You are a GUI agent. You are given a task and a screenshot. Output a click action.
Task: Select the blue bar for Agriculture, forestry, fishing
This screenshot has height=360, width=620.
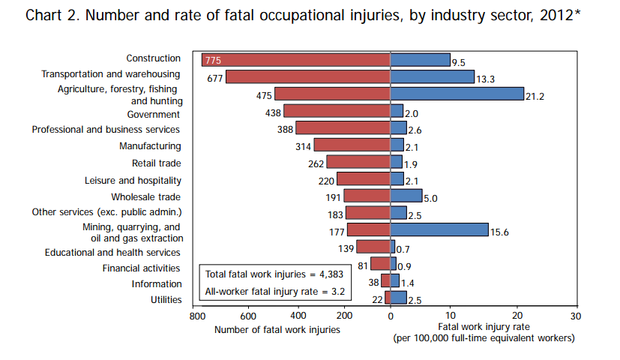457,94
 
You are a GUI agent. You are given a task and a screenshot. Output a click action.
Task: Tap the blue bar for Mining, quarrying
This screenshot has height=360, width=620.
439,229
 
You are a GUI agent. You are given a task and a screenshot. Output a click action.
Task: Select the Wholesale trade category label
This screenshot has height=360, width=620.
146,196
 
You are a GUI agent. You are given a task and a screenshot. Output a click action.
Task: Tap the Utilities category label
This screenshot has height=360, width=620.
166,300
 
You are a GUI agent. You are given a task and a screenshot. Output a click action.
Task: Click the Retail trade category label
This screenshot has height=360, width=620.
157,163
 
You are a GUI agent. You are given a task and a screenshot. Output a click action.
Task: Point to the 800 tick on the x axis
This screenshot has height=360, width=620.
196,316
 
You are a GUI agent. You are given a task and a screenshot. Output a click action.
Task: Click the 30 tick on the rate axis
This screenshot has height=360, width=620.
576,316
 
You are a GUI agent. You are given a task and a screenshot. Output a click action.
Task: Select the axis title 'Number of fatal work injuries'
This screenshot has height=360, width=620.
277,329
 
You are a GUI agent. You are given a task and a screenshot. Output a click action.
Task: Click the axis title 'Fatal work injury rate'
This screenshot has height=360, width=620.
484,328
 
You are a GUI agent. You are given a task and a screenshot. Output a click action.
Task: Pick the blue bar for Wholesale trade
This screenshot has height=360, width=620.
406,196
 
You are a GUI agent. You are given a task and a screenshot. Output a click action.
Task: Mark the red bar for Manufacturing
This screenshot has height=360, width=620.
352,145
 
